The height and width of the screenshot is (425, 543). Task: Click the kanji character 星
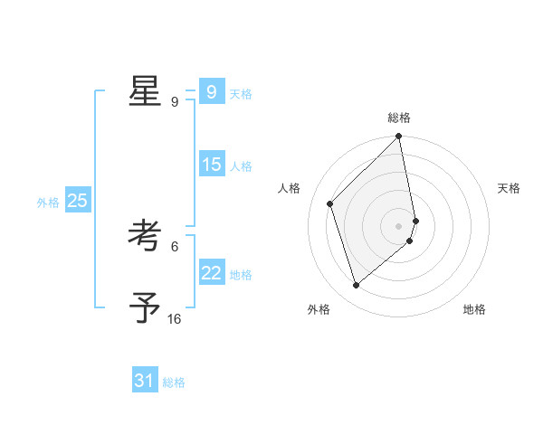pos(145,90)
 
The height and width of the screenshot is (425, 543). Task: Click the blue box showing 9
pos(211,91)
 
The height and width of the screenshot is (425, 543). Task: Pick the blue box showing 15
pos(211,165)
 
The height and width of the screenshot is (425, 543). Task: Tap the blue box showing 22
pos(211,273)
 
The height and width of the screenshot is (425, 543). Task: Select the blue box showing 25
pos(77,201)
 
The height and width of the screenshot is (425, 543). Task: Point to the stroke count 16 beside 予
pos(174,319)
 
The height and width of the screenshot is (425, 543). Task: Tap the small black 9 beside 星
pos(175,102)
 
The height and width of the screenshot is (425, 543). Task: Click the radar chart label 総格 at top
pos(399,118)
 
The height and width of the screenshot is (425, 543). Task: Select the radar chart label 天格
pos(510,188)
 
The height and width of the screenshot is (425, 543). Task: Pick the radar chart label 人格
pos(290,188)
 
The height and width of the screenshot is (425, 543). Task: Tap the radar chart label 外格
pos(319,309)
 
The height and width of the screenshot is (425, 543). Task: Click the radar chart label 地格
pos(474,309)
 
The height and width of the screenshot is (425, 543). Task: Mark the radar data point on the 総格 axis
pos(399,137)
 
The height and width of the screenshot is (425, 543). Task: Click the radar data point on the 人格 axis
pos(330,203)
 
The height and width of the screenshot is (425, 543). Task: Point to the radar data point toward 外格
pos(356,286)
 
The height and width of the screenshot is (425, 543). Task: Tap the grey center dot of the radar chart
pos(399,226)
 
